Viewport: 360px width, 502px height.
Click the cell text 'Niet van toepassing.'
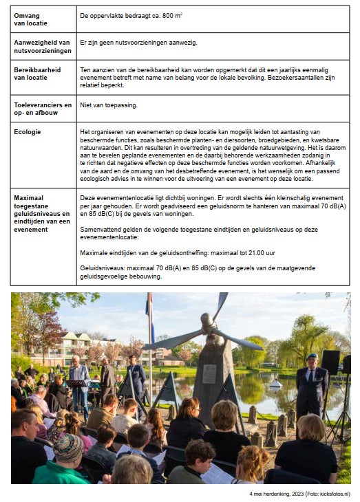click(109, 105)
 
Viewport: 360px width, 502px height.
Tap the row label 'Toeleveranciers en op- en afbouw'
click(43, 109)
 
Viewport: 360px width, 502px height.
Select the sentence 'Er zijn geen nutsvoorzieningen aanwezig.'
click(138, 43)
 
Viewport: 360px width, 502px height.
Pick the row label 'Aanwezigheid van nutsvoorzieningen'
click(42, 46)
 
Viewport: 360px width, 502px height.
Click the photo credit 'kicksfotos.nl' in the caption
click(331, 494)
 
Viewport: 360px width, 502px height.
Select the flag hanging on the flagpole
click(149, 319)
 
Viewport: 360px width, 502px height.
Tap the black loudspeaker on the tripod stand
click(330, 362)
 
